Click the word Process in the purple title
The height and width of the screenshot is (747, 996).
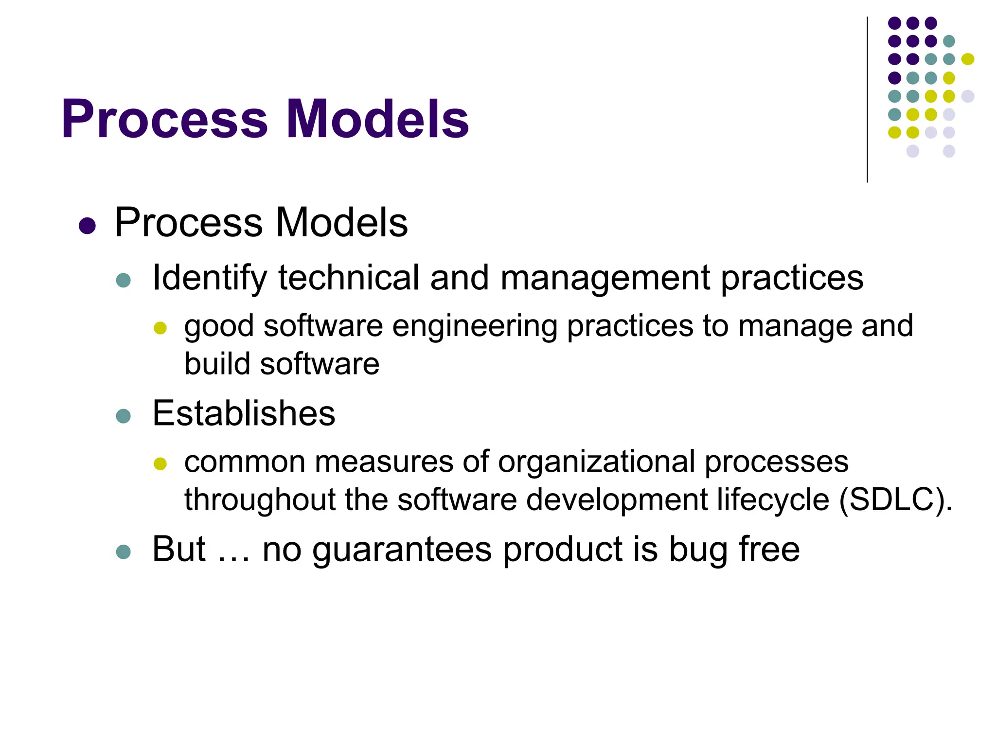point(164,120)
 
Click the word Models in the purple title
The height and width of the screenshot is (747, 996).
point(377,120)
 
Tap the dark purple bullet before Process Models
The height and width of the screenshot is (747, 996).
point(87,226)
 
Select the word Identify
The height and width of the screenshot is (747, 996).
point(210,278)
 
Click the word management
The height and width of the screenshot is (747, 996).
point(605,278)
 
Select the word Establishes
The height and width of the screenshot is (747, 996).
point(244,413)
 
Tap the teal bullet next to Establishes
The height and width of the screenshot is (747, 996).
point(124,416)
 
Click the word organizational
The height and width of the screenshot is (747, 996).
point(596,462)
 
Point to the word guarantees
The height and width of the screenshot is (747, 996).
point(402,550)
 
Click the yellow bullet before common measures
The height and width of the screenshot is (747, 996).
point(160,463)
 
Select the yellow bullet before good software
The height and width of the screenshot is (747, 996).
point(160,328)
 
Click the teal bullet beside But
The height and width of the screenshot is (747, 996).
point(124,552)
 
